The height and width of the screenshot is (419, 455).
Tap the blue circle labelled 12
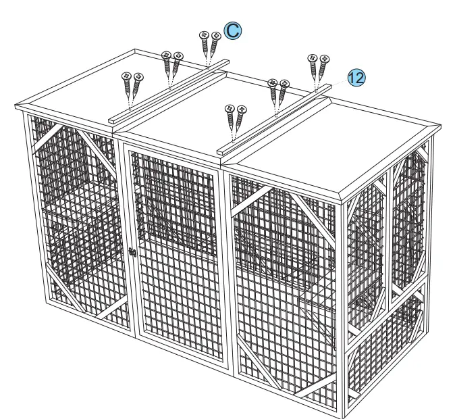pos(356,78)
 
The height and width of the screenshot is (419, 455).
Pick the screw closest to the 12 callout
pos(324,68)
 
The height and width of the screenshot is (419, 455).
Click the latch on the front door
pos(132,251)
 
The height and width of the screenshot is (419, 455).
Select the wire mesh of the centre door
pos(176,270)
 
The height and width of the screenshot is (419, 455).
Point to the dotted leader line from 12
pos(338,82)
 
